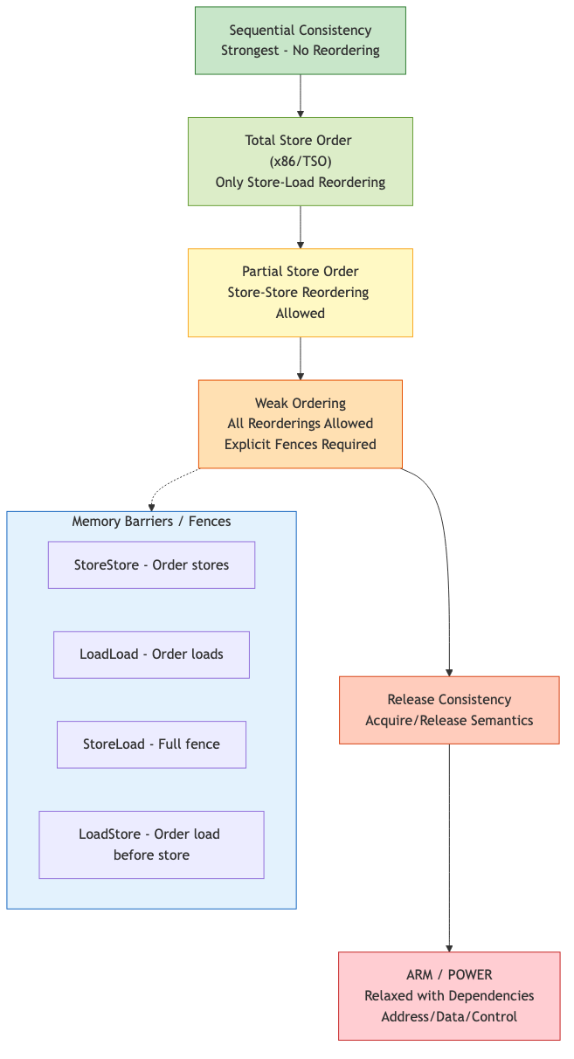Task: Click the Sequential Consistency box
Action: tap(300, 40)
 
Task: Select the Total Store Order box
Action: tap(300, 162)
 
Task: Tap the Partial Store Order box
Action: tap(300, 293)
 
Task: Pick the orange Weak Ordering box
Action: tap(300, 424)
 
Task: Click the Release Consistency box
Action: tap(449, 709)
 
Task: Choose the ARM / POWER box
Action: tap(449, 996)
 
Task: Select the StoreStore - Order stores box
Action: tap(151, 564)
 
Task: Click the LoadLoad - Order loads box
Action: tap(151, 654)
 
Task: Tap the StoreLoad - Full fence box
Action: tap(151, 744)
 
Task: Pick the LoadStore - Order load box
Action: tap(151, 844)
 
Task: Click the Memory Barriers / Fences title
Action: tap(151, 522)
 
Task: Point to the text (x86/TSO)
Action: tap(300, 162)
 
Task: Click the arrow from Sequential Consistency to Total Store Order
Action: tap(301, 95)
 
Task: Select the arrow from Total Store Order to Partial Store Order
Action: tap(301, 227)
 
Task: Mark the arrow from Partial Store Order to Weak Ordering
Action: tap(301, 358)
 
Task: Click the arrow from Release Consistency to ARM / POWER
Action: tap(449, 848)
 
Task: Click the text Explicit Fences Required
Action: tap(300, 445)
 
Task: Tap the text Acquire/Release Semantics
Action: tap(449, 721)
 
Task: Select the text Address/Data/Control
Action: tap(449, 1017)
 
